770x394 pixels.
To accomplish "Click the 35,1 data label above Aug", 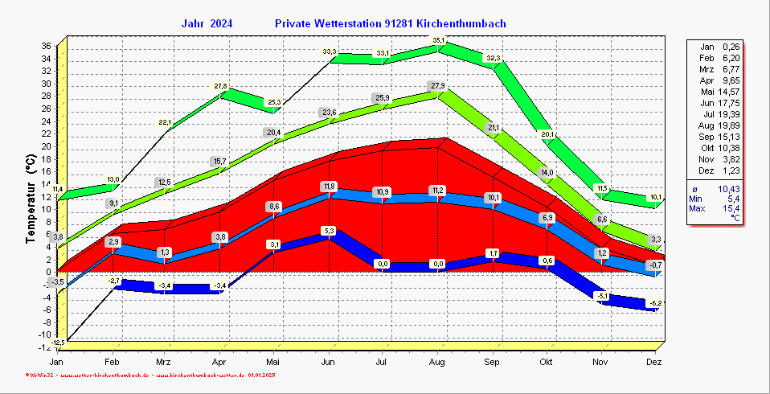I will click(438, 40).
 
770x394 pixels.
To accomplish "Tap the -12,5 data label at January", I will click(57, 343).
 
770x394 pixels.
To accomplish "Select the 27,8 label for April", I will click(219, 86).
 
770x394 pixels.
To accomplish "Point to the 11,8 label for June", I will click(328, 187).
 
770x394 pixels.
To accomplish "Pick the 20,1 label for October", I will click(547, 134).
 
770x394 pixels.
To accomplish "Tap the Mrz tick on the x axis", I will click(164, 363).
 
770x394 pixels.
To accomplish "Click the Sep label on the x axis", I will click(492, 363).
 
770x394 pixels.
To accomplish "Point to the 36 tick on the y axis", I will click(47, 46).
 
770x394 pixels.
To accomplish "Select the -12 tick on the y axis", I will click(45, 347).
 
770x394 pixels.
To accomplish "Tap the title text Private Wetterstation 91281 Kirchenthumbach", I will click(390, 24).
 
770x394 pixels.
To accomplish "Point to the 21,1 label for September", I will click(493, 128).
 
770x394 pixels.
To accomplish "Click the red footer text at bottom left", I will click(151, 376).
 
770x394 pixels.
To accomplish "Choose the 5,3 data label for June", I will click(328, 231).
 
